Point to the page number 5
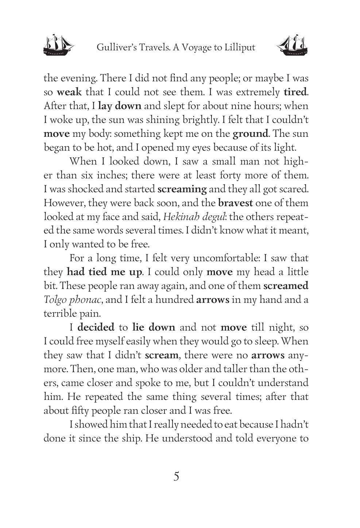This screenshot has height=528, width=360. [x=176, y=477]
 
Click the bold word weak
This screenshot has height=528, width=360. [x=69, y=92]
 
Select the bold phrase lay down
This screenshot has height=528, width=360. [x=120, y=106]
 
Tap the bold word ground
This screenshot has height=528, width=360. [x=250, y=134]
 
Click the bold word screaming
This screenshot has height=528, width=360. [x=182, y=189]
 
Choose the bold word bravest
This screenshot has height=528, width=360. [x=235, y=203]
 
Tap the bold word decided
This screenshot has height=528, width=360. [x=96, y=328]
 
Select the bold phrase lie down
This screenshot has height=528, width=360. [x=154, y=328]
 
